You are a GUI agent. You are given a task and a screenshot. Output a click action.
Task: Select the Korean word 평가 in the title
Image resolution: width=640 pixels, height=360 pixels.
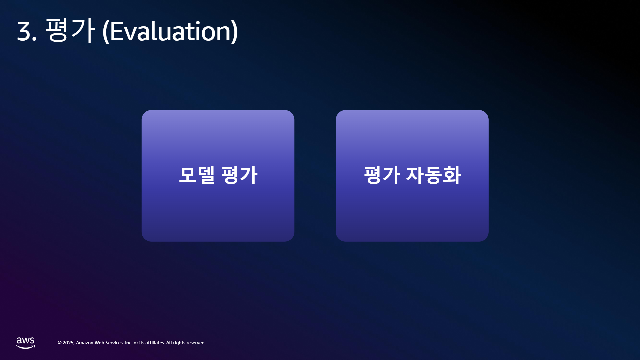tap(70, 30)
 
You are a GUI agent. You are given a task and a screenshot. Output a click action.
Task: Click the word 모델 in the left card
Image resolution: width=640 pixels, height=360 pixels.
tap(197, 175)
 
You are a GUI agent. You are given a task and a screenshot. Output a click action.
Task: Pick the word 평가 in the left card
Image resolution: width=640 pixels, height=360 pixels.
tap(239, 175)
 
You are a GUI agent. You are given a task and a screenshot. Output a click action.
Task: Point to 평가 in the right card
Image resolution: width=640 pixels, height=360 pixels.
tap(382, 175)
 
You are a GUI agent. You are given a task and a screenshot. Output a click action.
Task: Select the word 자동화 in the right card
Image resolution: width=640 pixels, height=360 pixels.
tap(434, 175)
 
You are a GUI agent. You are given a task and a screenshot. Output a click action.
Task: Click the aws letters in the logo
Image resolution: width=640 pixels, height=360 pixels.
tap(26, 341)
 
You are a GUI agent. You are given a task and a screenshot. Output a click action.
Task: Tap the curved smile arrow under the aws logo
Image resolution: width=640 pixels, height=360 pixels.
tap(26, 347)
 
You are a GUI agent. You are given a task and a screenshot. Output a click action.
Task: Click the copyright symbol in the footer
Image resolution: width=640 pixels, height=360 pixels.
tap(60, 343)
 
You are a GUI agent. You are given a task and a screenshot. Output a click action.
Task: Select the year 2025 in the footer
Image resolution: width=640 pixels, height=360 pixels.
tap(69, 343)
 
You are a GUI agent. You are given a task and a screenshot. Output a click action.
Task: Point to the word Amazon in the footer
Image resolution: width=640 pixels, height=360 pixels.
tap(85, 343)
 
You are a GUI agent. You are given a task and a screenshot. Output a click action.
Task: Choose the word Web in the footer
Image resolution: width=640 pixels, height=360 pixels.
tap(99, 343)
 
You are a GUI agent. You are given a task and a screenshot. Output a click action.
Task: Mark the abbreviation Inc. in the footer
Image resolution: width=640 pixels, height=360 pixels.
tap(129, 343)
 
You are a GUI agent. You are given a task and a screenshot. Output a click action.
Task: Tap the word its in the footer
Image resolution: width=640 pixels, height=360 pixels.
tap(142, 343)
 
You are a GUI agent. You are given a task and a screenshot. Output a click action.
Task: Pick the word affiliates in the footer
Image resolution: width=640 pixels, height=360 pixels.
tap(155, 343)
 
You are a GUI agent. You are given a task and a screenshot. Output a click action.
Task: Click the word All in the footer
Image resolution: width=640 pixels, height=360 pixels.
tap(169, 343)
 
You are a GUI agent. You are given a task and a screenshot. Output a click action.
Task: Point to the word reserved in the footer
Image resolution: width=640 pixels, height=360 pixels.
tap(196, 343)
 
